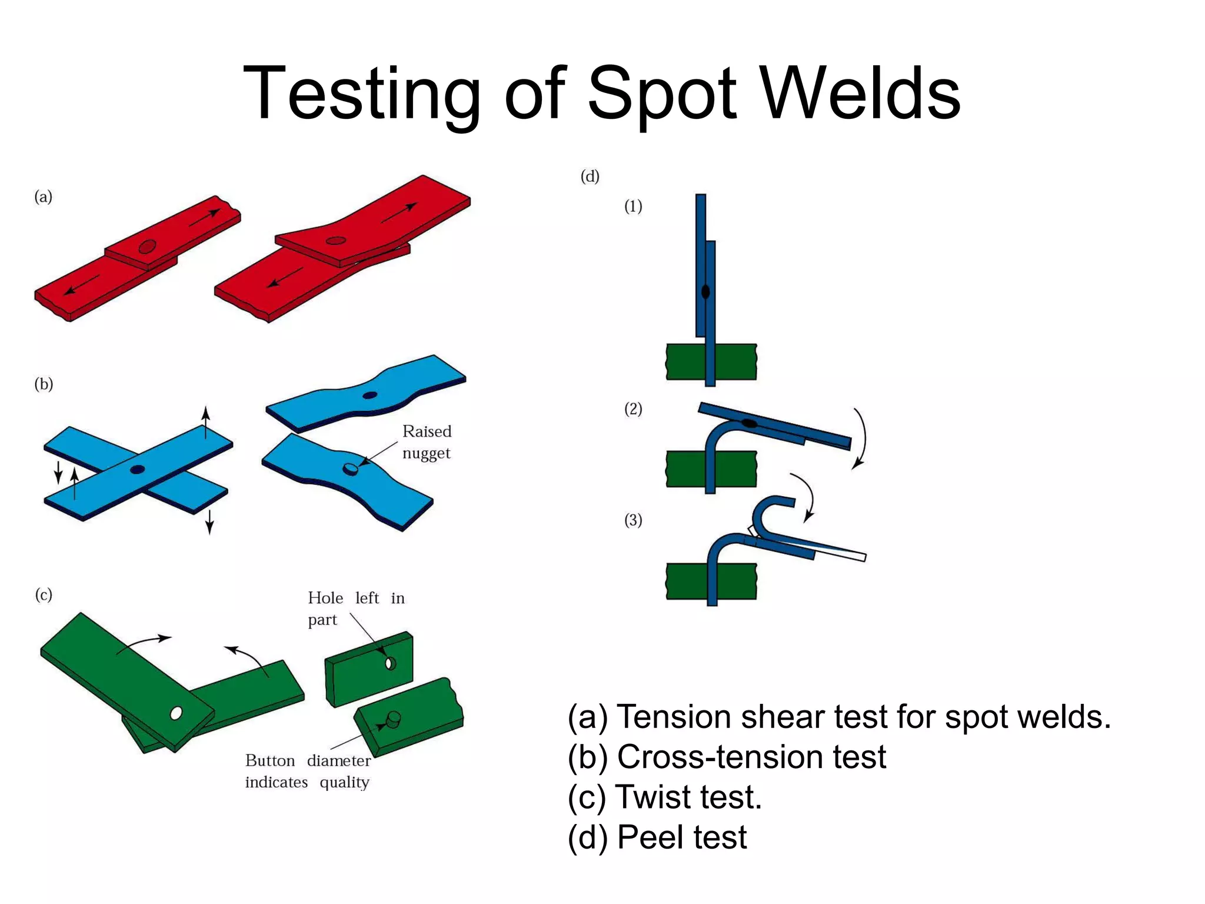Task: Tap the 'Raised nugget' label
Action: click(x=427, y=442)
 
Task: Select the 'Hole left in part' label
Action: click(x=356, y=609)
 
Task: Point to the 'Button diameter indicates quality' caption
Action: click(x=308, y=771)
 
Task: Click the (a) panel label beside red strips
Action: click(x=44, y=197)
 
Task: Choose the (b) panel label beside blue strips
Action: click(x=44, y=384)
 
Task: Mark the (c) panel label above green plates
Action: click(x=44, y=595)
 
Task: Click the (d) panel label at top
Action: click(x=590, y=176)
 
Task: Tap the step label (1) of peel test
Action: click(x=633, y=207)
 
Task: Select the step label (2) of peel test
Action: click(x=633, y=409)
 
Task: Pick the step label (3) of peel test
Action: click(x=633, y=520)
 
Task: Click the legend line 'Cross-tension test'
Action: click(x=727, y=757)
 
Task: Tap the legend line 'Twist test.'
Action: click(x=665, y=797)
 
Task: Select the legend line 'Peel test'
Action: click(x=657, y=837)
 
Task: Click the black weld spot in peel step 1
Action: click(x=705, y=291)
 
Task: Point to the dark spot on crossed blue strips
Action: click(x=137, y=470)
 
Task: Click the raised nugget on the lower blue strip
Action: click(x=350, y=468)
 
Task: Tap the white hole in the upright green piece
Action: click(x=390, y=664)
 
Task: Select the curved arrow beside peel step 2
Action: click(x=861, y=438)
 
